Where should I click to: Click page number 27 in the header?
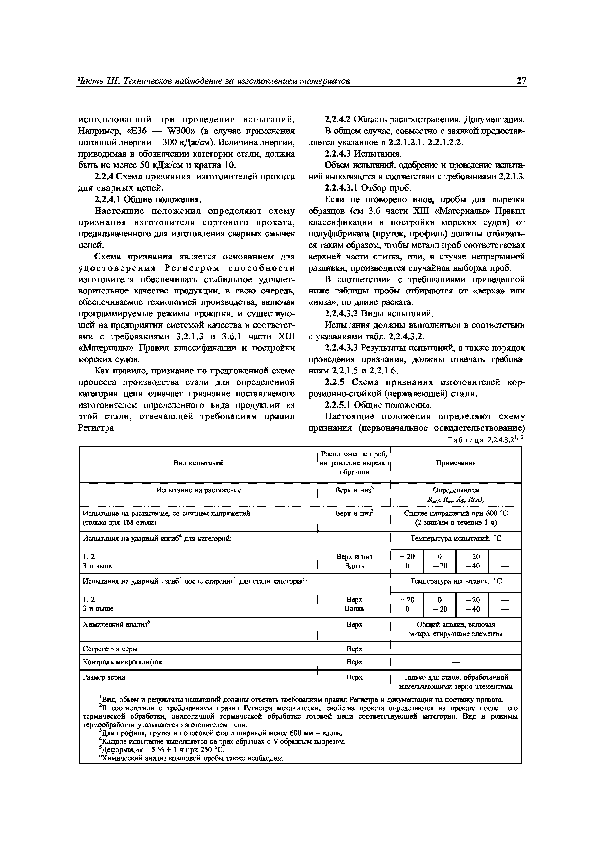(x=521, y=81)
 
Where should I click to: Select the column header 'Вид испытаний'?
(x=198, y=463)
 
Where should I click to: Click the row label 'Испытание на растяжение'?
(x=198, y=490)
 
